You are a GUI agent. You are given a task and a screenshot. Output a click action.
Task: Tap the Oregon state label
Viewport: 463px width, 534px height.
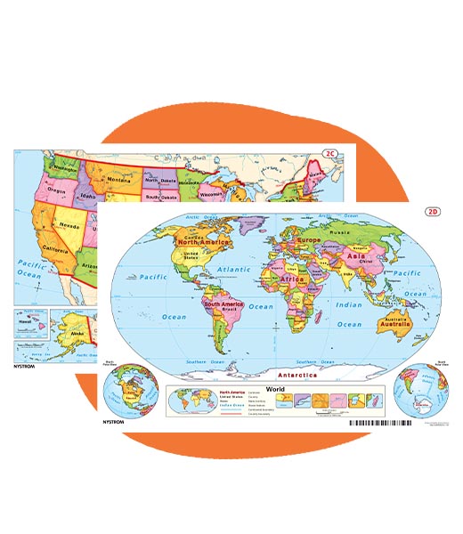[x=31, y=189]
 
